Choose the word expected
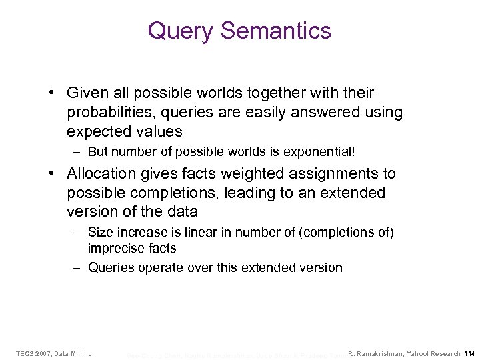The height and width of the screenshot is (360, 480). click(97, 131)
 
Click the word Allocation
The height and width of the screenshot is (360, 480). click(99, 174)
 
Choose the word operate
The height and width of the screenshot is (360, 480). click(163, 268)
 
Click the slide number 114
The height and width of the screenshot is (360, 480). click(469, 353)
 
